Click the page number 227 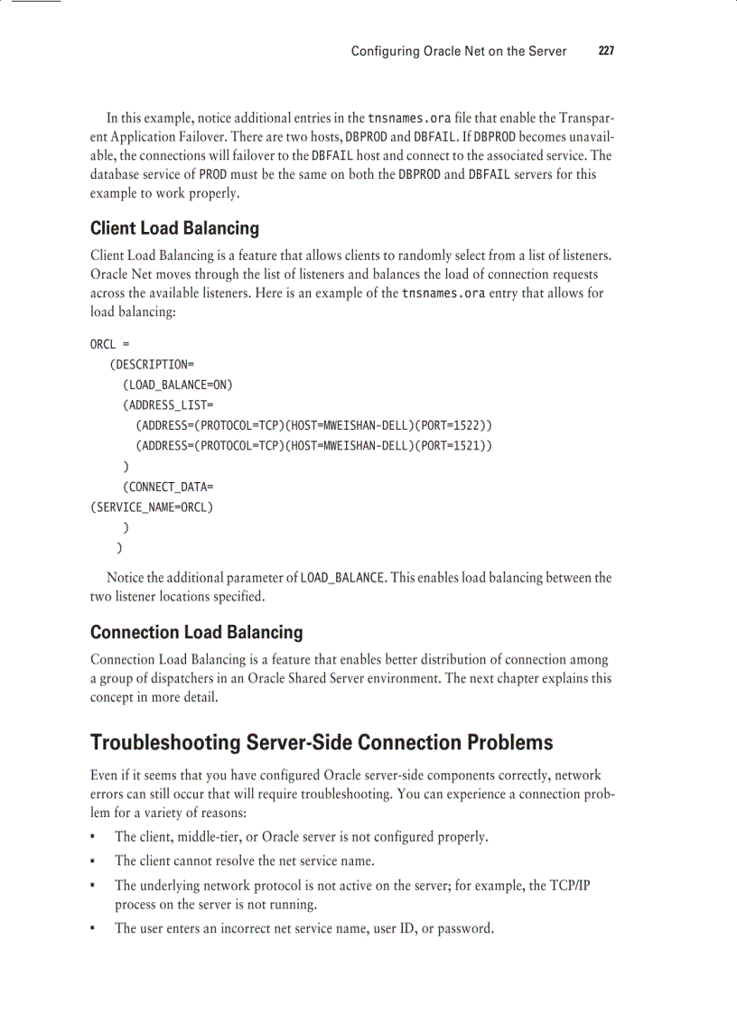point(606,51)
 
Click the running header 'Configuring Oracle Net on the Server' point(459,51)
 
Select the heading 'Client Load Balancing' point(174,228)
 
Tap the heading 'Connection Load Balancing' point(196,632)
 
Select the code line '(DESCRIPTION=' point(152,365)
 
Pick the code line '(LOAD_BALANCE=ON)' point(177,385)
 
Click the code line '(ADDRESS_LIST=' point(168,405)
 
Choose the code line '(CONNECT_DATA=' point(168,487)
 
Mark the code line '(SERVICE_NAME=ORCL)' point(152,507)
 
